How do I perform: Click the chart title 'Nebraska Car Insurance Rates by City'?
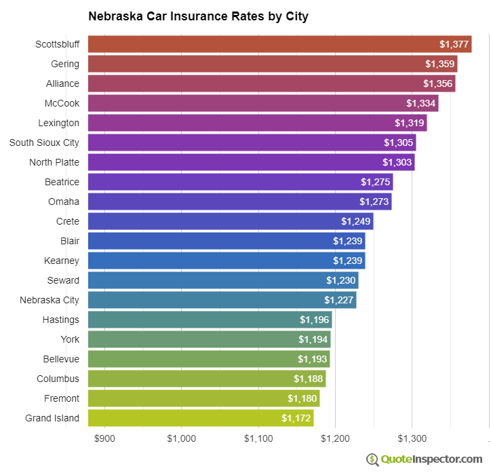click(198, 16)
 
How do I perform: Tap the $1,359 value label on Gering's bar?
click(440, 64)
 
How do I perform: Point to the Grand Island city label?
click(52, 418)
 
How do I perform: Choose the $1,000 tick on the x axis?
click(181, 438)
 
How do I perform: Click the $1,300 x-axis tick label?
click(412, 438)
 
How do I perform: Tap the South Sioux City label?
click(44, 142)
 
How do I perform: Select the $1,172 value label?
click(296, 418)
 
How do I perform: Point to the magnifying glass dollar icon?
click(372, 459)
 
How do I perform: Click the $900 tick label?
click(104, 438)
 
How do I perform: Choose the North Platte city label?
click(54, 162)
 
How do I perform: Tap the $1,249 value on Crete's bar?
click(355, 221)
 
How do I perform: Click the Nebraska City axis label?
click(50, 300)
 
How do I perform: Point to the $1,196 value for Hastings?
click(314, 320)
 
